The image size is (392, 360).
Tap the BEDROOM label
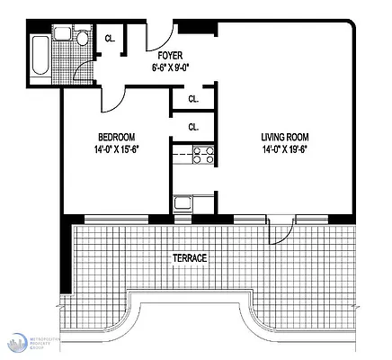coord(116,137)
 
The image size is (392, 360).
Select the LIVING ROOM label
coord(282,137)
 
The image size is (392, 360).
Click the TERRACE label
coord(190,258)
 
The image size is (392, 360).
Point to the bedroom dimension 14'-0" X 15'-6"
coord(116,149)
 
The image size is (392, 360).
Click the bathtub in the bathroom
coord(39,59)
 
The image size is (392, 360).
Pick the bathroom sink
coord(61,34)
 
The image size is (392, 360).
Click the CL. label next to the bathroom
coord(110,39)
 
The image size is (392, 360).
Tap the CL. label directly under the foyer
coord(193,99)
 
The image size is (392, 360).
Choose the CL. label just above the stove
coord(193,127)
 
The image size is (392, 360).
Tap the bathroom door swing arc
coord(83,70)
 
